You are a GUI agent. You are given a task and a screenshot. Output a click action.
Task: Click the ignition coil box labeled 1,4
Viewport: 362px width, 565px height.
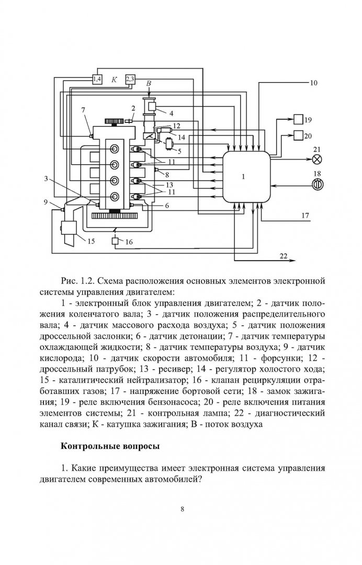point(98,79)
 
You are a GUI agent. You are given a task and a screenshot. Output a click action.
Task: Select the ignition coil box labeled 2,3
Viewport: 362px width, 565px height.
point(130,79)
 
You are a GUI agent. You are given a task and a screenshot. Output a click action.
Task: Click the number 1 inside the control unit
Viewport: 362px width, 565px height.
point(243,177)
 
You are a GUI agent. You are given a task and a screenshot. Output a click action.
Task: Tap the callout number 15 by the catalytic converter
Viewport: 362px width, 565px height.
point(90,241)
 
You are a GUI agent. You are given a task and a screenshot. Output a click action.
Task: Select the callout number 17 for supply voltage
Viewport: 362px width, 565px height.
point(306,215)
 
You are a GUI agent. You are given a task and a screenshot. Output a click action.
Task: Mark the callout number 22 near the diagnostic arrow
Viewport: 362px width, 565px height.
point(283,255)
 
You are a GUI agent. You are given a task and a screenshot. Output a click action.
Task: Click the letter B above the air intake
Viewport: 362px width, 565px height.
point(149,84)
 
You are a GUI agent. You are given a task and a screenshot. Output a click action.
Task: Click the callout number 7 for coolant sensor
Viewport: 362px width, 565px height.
point(83,109)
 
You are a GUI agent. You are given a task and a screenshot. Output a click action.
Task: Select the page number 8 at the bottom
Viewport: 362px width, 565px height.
point(182,508)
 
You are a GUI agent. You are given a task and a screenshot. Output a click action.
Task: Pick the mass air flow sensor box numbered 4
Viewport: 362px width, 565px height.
point(152,107)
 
